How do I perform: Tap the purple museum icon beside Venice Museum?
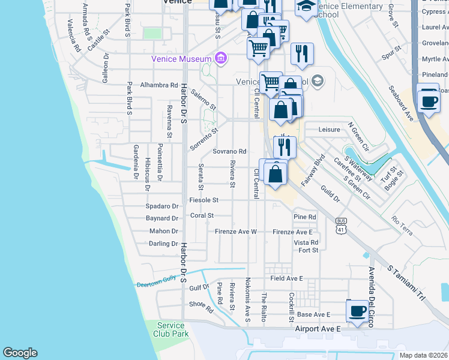click(221, 58)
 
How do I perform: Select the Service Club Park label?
click(170, 329)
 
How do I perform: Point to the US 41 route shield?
click(342, 225)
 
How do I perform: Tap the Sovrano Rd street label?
click(229, 152)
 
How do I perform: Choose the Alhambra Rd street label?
click(159, 85)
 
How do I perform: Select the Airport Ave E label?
click(318, 329)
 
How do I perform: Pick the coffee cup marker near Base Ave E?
click(357, 311)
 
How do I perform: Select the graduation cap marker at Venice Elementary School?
click(306, 7)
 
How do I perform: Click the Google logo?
click(20, 353)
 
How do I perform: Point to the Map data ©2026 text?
click(423, 355)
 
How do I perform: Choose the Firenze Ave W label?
click(236, 232)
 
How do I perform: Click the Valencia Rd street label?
click(74, 34)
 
